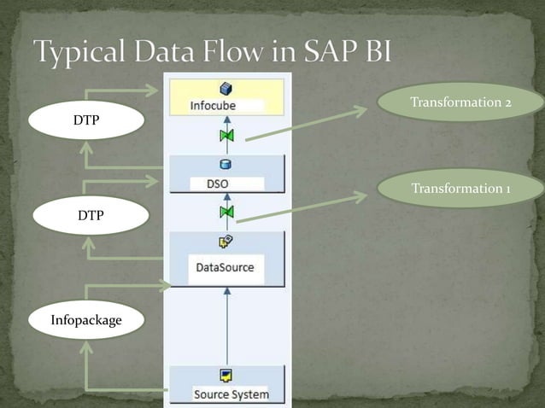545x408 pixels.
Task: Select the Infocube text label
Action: click(x=213, y=106)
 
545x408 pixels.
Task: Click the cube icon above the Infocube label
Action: click(x=226, y=89)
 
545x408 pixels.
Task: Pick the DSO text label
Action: click(x=217, y=183)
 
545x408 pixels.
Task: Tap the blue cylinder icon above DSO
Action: click(x=226, y=165)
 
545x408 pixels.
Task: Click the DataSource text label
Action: click(x=225, y=267)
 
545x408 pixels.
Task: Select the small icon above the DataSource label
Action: click(x=226, y=243)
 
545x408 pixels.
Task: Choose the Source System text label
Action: click(x=231, y=393)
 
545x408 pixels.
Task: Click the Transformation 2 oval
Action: click(x=460, y=102)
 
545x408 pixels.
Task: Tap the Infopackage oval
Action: click(x=85, y=321)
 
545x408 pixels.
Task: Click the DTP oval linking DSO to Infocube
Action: click(x=85, y=121)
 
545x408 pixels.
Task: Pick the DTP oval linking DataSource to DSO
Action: click(x=91, y=216)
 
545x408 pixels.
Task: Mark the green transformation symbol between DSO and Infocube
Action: click(x=226, y=136)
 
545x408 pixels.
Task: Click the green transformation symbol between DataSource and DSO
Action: click(x=226, y=211)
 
